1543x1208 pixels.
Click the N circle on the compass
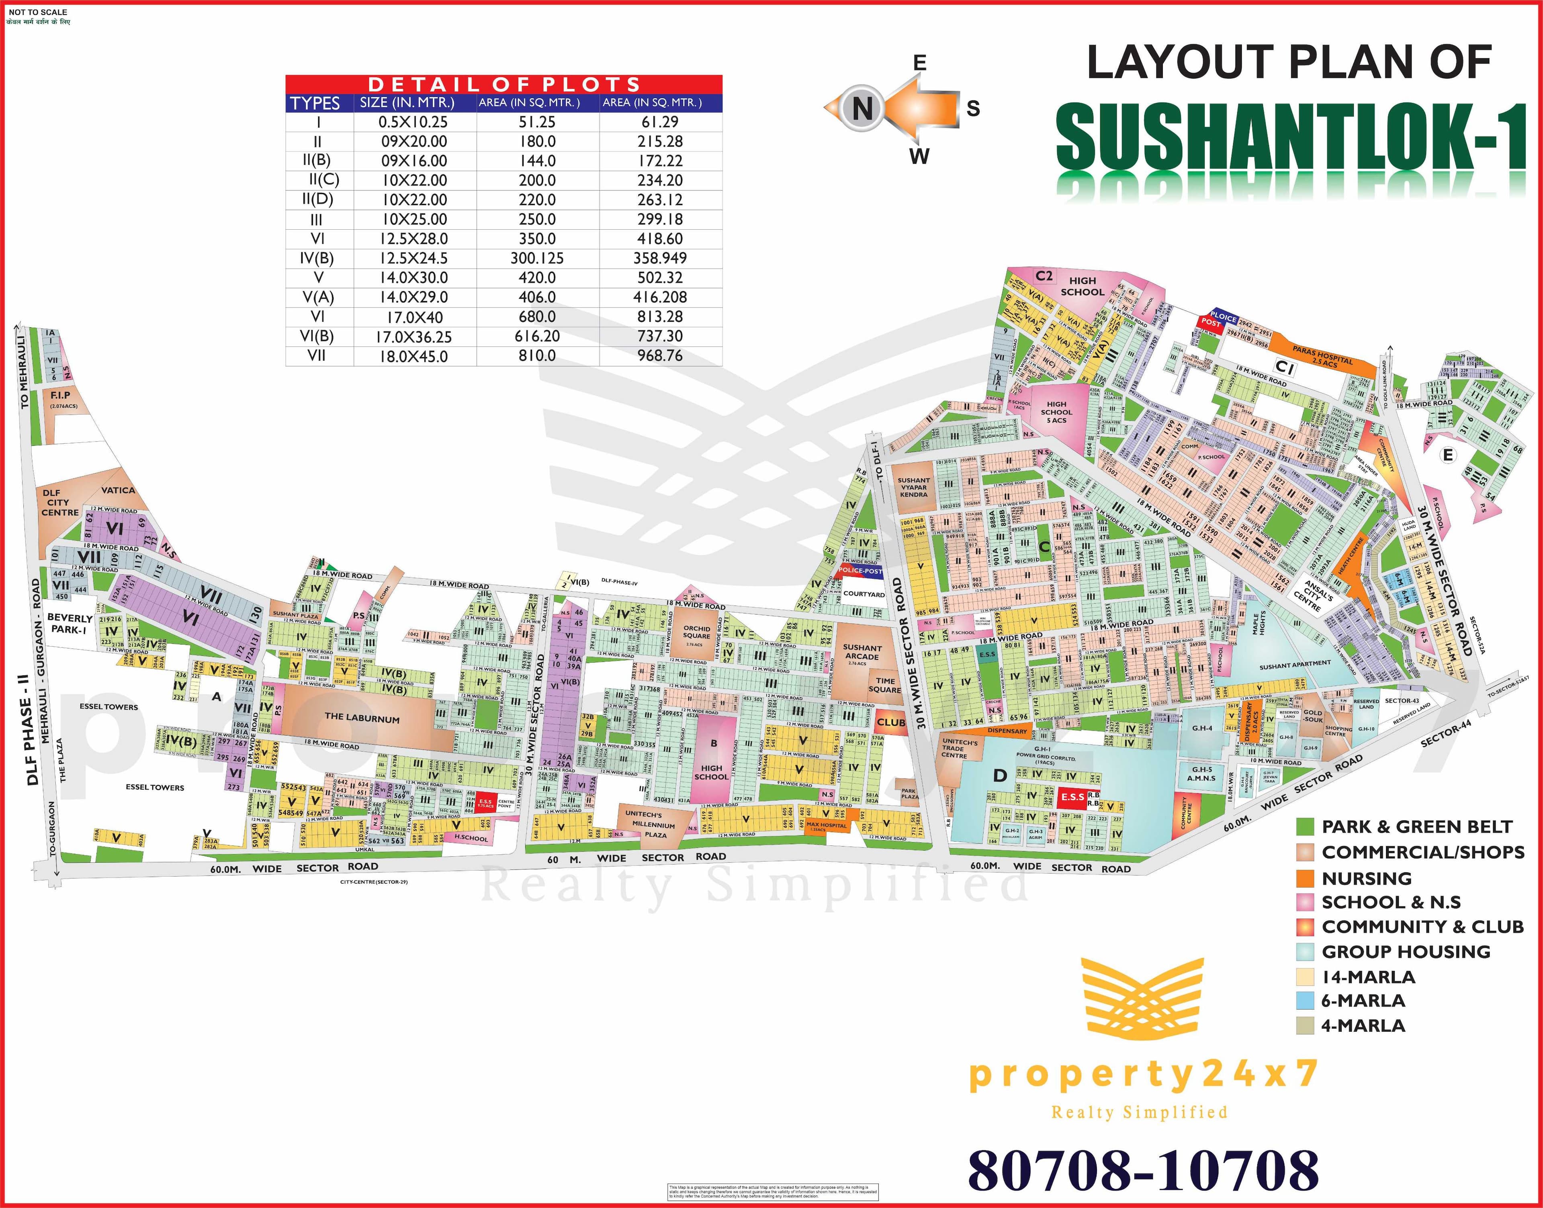coord(861,109)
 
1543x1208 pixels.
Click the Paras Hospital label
coord(1322,355)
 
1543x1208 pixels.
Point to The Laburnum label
coord(362,718)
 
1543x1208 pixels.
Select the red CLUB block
coord(891,722)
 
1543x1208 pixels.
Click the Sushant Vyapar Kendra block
coord(913,487)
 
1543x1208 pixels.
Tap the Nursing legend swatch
coord(1305,878)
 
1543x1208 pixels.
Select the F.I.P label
coord(60,395)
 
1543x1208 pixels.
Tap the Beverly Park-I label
coord(70,624)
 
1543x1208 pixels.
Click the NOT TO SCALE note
coord(38,12)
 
